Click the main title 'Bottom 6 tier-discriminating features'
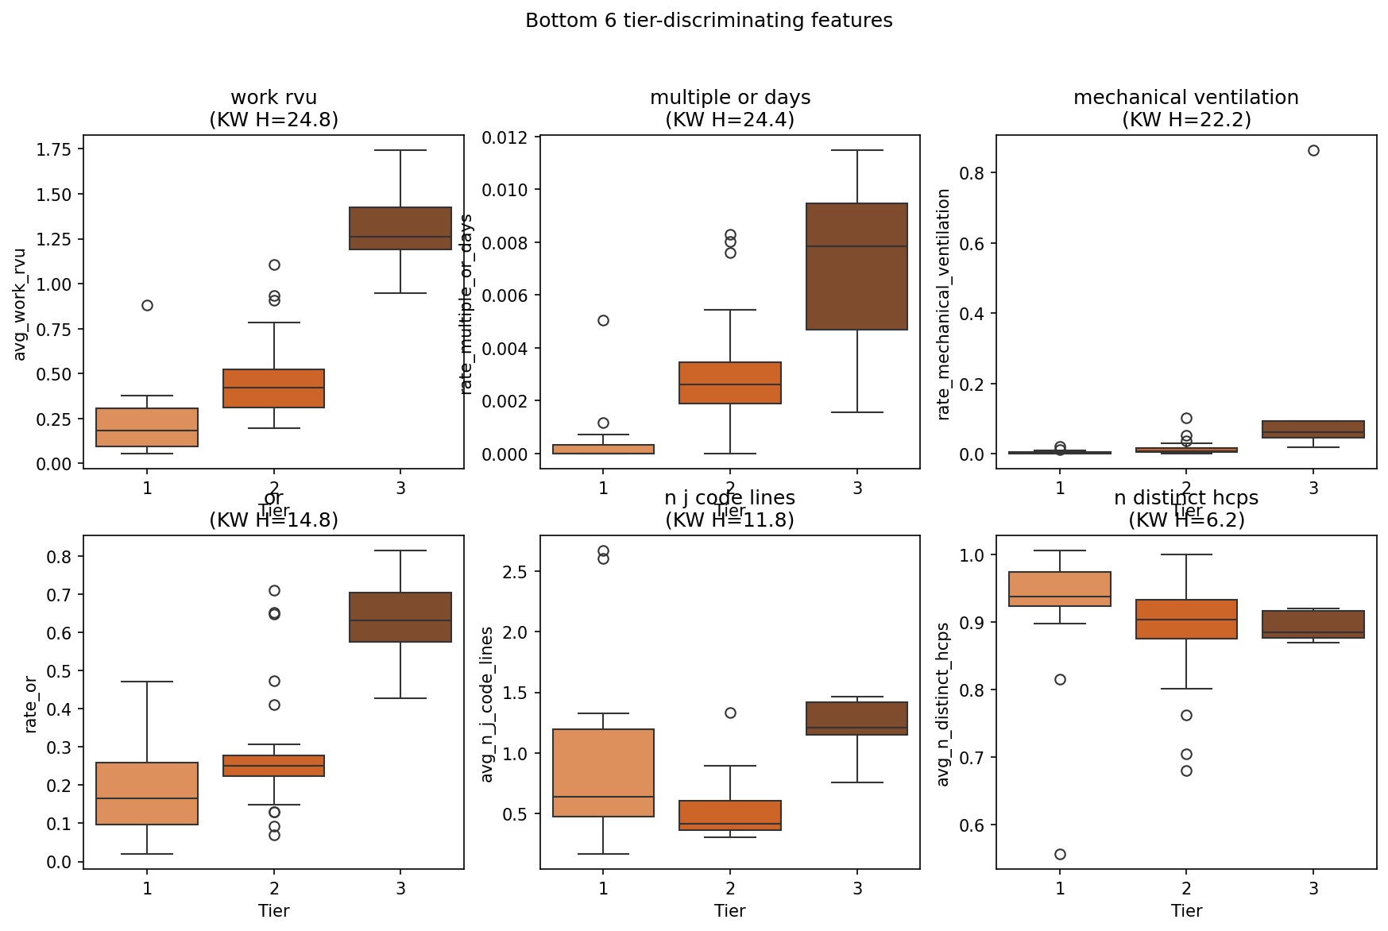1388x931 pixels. pos(709,21)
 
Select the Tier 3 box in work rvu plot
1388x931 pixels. pos(400,229)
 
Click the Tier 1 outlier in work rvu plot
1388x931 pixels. pos(147,305)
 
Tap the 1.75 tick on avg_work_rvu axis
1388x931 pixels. pos(53,150)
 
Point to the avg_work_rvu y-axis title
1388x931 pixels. pos(20,304)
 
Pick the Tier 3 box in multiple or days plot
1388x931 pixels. pos(856,266)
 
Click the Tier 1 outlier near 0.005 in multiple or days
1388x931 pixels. pos(603,320)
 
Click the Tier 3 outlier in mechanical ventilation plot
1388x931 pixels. pos(1313,150)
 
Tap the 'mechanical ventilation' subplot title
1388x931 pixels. pos(1185,98)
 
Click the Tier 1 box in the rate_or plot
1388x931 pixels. pos(147,794)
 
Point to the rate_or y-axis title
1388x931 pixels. pos(30,704)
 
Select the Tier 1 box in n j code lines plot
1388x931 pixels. pos(603,773)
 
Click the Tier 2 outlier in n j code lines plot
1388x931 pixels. pos(730,713)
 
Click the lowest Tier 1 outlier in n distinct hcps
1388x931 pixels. pos(1060,854)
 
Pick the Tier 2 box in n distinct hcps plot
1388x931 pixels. pos(1186,619)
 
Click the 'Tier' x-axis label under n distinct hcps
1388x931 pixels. pos(1185,911)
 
